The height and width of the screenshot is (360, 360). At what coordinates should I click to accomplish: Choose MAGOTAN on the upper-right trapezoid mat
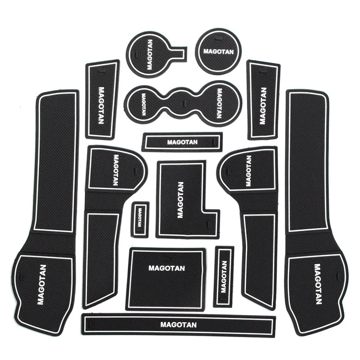pos(263,106)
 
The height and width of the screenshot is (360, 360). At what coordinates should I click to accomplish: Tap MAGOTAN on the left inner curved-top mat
pos(116,170)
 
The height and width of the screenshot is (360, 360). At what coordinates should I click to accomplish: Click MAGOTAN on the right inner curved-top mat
pos(248,171)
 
